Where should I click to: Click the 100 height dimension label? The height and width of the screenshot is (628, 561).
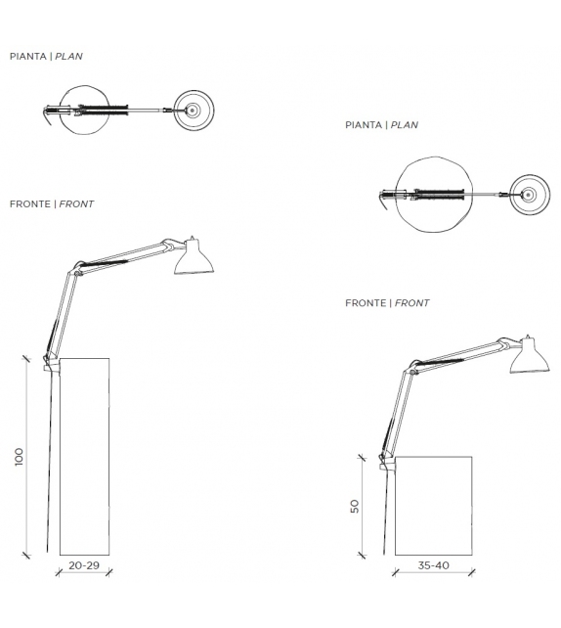[19, 457]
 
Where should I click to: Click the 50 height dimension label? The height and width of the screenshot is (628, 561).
[355, 507]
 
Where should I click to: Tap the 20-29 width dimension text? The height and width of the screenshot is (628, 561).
[84, 565]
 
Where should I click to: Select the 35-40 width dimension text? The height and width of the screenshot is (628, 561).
[433, 565]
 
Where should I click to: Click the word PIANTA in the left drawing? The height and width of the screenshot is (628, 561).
[28, 56]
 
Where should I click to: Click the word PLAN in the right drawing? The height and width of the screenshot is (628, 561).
[405, 125]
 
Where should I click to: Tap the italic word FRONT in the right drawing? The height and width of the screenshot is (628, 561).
[411, 303]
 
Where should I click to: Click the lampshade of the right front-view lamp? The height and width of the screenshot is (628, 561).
[529, 356]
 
